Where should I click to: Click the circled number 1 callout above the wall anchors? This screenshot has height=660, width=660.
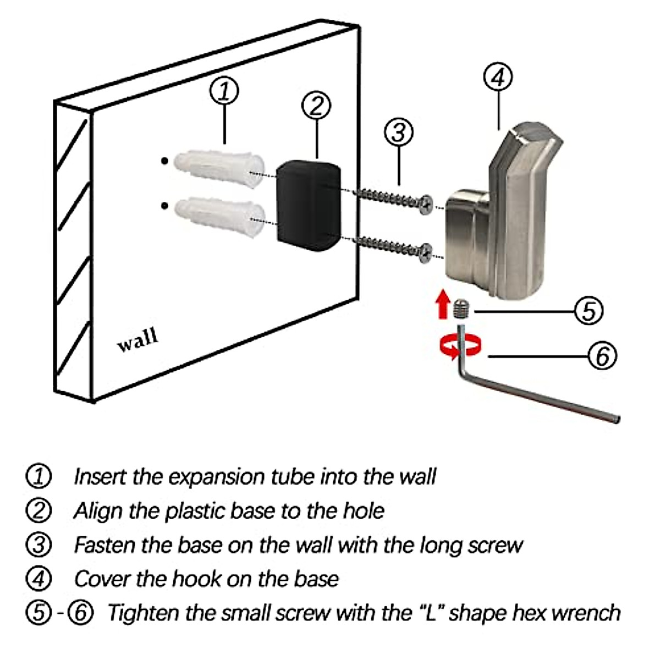[224, 91]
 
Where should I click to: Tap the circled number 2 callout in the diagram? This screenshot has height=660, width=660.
[316, 105]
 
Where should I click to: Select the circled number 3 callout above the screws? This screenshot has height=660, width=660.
[399, 132]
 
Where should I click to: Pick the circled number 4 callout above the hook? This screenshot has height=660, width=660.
[498, 77]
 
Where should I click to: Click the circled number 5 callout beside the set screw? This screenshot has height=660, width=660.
[588, 311]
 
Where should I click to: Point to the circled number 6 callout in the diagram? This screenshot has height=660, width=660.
[602, 356]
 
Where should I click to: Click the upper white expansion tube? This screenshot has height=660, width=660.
[219, 169]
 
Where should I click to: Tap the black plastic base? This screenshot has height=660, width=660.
[309, 206]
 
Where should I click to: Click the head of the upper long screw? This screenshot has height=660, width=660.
[426, 205]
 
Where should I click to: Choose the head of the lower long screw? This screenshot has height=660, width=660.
[426, 253]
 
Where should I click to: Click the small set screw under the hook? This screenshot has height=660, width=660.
[461, 309]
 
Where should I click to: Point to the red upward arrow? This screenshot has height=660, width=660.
[443, 304]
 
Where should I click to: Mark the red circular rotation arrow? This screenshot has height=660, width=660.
[461, 347]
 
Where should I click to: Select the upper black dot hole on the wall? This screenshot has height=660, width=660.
[164, 160]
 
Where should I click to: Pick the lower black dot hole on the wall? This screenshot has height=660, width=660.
[164, 206]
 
